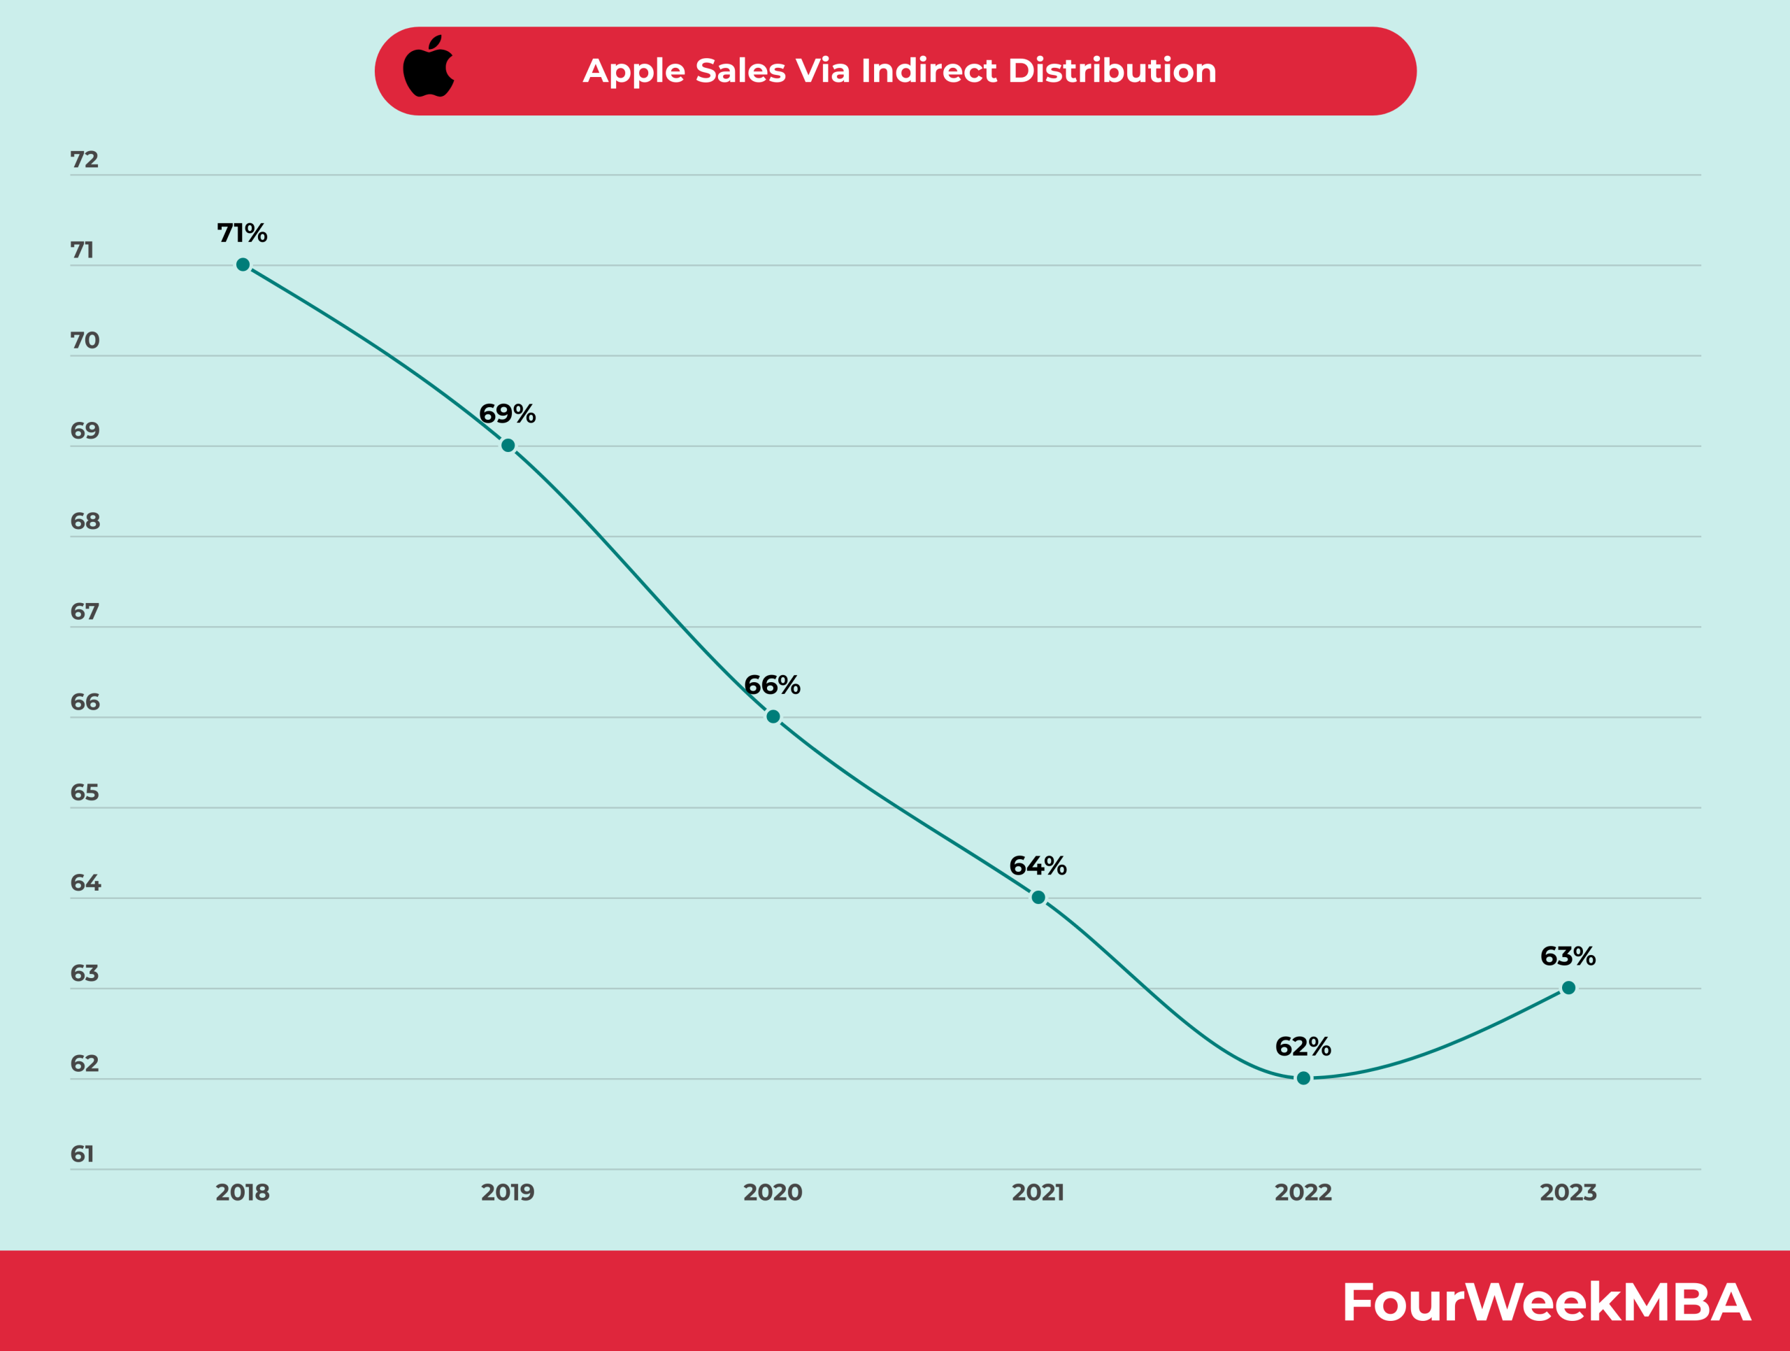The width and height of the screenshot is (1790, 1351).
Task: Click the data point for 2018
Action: [243, 264]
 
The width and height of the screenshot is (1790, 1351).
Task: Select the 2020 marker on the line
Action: [773, 716]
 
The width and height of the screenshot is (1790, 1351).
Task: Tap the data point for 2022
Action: [1303, 1078]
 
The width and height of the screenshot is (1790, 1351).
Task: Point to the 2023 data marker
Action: [1568, 988]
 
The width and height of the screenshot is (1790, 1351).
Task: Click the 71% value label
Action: [242, 233]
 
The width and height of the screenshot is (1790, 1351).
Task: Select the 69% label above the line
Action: [508, 413]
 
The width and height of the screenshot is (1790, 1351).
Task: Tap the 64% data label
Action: [1038, 866]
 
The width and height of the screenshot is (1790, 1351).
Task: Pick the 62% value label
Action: [1303, 1047]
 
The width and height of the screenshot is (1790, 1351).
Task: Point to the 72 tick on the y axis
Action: [84, 160]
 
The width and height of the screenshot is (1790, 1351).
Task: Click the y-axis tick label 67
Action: [84, 611]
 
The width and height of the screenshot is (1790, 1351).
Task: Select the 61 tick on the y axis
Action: [83, 1154]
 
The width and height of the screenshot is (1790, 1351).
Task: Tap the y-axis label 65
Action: [84, 792]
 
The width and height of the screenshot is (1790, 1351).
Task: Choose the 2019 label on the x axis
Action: [508, 1192]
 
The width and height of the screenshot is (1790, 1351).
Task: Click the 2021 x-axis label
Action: [1038, 1192]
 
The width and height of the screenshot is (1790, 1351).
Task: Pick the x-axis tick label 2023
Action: [1568, 1192]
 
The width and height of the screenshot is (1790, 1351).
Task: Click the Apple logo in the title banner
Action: [428, 67]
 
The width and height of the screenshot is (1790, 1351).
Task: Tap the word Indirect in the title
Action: [929, 71]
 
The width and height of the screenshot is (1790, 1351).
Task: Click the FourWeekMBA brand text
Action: [1545, 1303]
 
